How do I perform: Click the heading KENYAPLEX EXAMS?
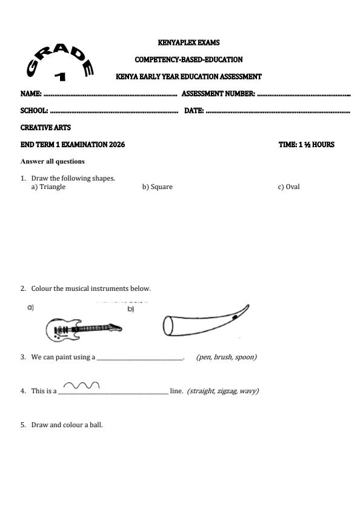click(x=188, y=42)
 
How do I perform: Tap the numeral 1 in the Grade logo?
click(x=59, y=76)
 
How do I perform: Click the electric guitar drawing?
click(x=83, y=329)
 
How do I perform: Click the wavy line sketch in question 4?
click(x=81, y=385)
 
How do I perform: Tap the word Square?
click(x=161, y=187)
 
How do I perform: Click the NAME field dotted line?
click(x=109, y=95)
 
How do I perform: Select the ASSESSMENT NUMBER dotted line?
click(x=304, y=95)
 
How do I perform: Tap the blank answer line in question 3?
click(x=140, y=358)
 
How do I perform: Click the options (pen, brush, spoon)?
click(x=226, y=358)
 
